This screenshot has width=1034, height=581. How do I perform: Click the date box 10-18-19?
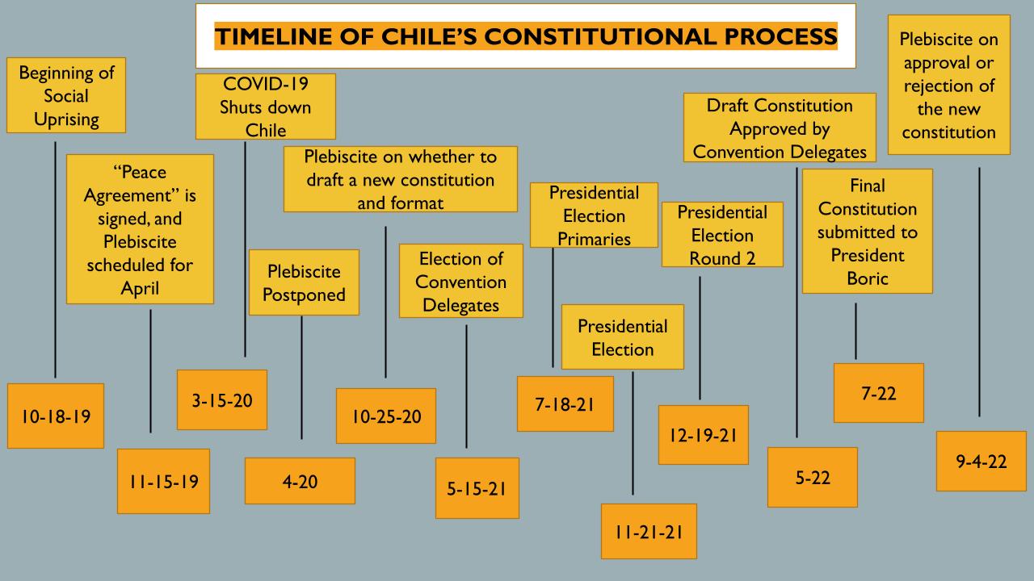click(x=56, y=416)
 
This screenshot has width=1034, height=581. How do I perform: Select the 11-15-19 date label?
click(x=163, y=482)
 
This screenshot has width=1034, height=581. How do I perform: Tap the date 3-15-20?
click(x=222, y=399)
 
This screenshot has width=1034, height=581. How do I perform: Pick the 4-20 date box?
click(x=300, y=481)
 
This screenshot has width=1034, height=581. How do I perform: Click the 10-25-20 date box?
click(x=386, y=416)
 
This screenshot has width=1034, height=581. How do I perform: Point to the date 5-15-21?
click(x=477, y=488)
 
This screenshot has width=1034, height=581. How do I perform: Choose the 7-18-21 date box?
click(x=565, y=404)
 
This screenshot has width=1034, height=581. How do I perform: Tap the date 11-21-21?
click(x=649, y=532)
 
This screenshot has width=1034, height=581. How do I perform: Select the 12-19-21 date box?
click(x=704, y=435)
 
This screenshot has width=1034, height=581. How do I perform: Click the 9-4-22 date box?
click(x=981, y=461)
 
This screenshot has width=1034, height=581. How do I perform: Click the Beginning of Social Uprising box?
click(x=66, y=95)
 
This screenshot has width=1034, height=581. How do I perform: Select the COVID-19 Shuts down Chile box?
click(x=266, y=107)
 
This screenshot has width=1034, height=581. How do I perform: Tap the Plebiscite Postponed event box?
click(x=305, y=282)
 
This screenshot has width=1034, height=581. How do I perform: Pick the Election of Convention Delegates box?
click(x=461, y=281)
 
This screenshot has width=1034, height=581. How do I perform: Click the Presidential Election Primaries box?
click(x=594, y=215)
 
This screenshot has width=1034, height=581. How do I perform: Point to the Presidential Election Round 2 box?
click(x=722, y=235)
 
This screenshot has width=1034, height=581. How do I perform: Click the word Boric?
click(x=868, y=279)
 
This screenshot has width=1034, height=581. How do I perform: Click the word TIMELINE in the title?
click(x=274, y=36)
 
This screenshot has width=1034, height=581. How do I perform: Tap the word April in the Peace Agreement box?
click(x=140, y=289)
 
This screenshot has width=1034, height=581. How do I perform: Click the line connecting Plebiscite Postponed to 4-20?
click(x=302, y=378)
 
